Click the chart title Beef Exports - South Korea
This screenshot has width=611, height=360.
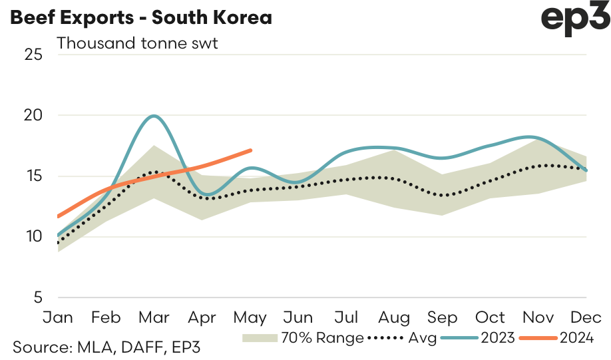(x=140, y=17)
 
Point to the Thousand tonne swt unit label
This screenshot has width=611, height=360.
(x=138, y=43)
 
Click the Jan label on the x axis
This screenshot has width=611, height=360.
(x=59, y=317)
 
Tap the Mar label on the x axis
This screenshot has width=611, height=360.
(x=154, y=317)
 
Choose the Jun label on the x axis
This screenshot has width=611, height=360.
(x=298, y=317)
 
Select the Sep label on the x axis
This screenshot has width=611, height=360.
(x=443, y=317)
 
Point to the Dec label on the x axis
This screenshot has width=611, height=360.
(x=586, y=317)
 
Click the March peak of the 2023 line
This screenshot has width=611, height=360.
(x=154, y=116)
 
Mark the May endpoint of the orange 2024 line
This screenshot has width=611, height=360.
(x=250, y=150)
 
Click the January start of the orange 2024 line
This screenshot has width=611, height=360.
(x=59, y=216)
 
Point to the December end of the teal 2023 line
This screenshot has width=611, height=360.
(x=586, y=170)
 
